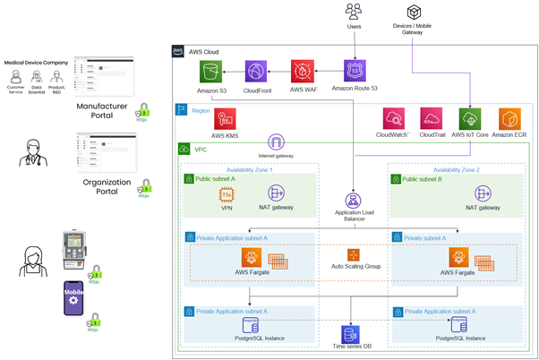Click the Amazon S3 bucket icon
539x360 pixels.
(x=211, y=73)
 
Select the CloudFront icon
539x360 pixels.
(x=256, y=73)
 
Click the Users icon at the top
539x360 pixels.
(x=353, y=12)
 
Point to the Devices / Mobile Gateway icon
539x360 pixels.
(x=414, y=13)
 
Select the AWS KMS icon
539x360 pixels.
(x=223, y=119)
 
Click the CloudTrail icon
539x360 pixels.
(x=432, y=119)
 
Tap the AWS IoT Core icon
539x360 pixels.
(x=469, y=120)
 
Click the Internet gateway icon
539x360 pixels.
(x=277, y=141)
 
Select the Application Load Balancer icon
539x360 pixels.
(x=353, y=201)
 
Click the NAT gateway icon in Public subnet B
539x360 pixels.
(x=483, y=193)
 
